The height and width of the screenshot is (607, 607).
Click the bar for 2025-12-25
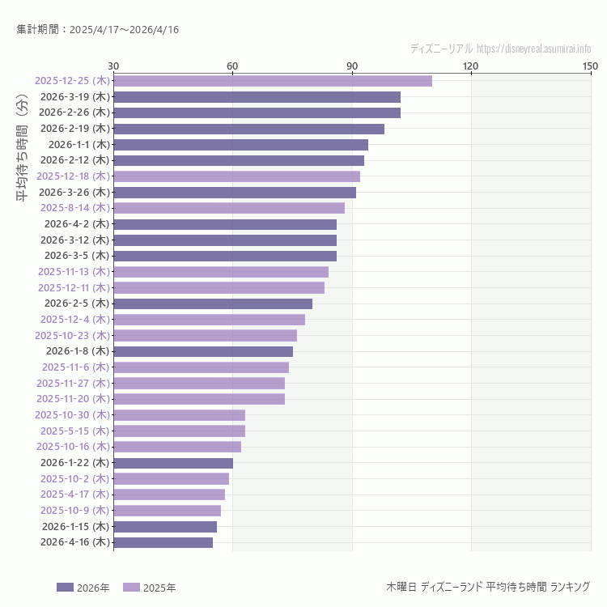(x=273, y=81)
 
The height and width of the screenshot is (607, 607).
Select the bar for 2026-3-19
(x=257, y=97)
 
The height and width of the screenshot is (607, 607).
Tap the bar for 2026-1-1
(x=240, y=145)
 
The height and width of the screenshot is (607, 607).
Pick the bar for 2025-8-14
(x=229, y=208)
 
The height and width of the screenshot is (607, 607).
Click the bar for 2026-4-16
(x=163, y=542)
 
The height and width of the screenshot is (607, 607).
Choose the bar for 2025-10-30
(x=179, y=415)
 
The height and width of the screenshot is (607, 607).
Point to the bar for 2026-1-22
(x=173, y=463)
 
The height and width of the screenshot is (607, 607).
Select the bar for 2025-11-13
(x=221, y=272)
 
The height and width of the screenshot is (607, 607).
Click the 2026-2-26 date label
(x=74, y=112)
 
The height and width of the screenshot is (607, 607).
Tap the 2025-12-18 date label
(x=73, y=176)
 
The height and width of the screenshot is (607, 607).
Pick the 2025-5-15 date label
(x=74, y=431)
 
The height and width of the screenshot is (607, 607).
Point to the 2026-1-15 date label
(x=74, y=526)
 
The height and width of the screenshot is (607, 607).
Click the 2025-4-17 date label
(x=74, y=495)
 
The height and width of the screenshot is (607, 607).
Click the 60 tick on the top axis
(x=232, y=66)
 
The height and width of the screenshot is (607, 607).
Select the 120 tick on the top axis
(x=470, y=66)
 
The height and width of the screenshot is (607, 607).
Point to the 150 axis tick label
(x=589, y=66)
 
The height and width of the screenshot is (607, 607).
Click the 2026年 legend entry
(x=83, y=588)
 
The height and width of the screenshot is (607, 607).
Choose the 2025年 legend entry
(x=149, y=588)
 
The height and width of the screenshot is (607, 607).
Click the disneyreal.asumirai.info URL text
(x=533, y=49)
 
